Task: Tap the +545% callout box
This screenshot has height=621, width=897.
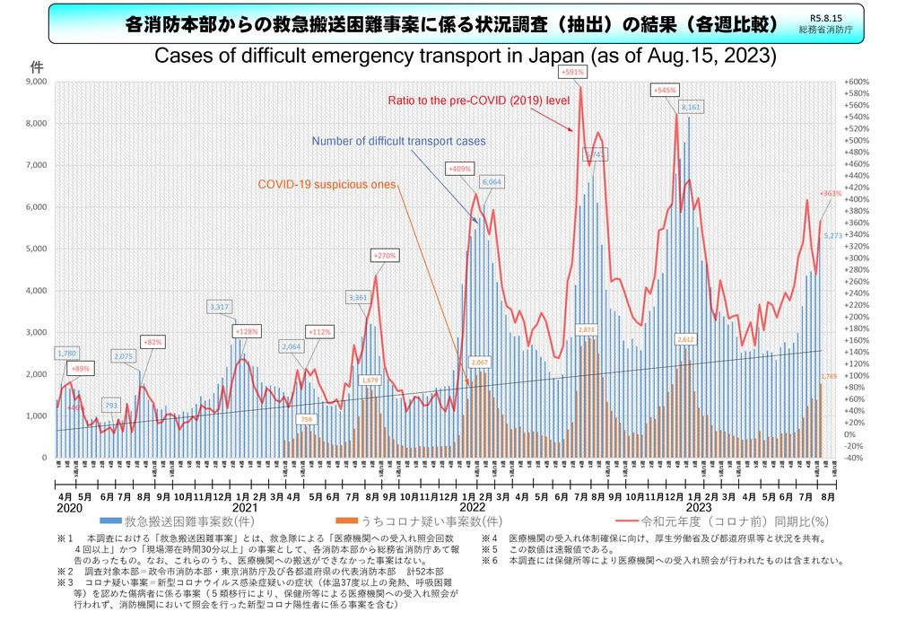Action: tap(665, 90)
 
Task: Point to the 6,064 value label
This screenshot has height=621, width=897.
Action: tap(492, 181)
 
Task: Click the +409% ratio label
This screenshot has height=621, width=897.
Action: tap(458, 168)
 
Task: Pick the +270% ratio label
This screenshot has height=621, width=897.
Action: tap(383, 256)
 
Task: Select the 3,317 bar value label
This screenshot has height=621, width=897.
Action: tap(221, 307)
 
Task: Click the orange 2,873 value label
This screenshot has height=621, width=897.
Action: tap(588, 330)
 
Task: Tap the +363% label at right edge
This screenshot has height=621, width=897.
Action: tap(830, 192)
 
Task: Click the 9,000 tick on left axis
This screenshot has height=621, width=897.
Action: tap(37, 82)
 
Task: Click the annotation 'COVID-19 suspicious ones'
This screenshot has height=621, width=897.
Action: tap(327, 184)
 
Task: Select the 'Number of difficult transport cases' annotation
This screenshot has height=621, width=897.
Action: tap(399, 141)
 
